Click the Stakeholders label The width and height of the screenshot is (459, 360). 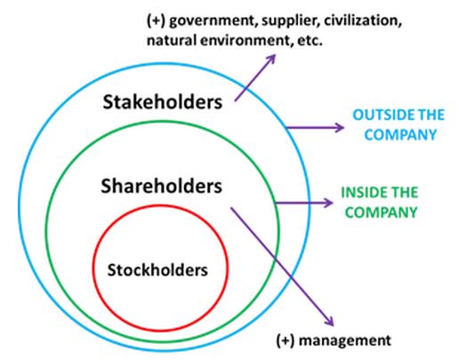pyautogui.click(x=163, y=102)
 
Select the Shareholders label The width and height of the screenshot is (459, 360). pyautogui.click(x=162, y=186)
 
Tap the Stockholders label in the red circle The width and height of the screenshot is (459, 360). pyautogui.click(x=157, y=270)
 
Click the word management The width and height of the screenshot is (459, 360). pyautogui.click(x=345, y=340)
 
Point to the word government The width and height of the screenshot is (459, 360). pyautogui.click(x=213, y=21)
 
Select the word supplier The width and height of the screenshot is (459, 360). pyautogui.click(x=291, y=21)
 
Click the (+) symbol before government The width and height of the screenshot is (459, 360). pyautogui.click(x=156, y=21)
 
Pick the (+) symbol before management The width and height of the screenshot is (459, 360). pyautogui.click(x=286, y=340)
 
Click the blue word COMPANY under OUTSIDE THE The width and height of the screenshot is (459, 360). pyautogui.click(x=400, y=135)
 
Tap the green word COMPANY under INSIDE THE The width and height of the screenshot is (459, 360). pyautogui.click(x=381, y=212)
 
